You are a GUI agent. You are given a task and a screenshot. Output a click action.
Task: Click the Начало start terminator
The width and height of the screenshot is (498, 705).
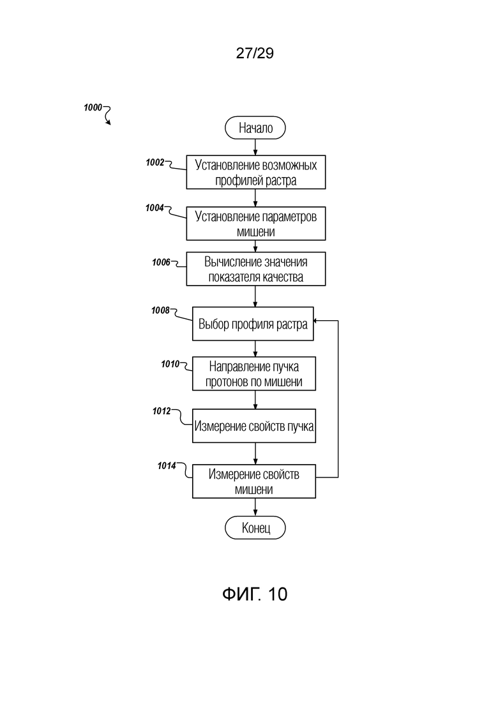[255, 128]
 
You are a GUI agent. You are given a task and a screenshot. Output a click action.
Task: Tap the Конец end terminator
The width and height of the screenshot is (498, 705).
[255, 528]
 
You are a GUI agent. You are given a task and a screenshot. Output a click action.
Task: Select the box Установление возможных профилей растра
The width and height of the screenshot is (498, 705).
[255, 173]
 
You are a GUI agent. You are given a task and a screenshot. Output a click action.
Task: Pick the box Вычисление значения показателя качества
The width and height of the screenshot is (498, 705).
[255, 269]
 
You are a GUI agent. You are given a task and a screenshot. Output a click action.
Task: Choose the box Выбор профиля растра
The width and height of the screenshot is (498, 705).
[253, 324]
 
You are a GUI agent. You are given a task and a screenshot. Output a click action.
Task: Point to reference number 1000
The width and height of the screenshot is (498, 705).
[93, 108]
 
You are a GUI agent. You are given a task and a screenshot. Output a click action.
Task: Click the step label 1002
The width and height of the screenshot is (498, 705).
[155, 162]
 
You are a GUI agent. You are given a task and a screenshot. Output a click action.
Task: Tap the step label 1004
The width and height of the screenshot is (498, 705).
[155, 207]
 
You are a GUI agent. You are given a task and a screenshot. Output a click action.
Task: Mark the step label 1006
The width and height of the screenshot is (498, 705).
[161, 261]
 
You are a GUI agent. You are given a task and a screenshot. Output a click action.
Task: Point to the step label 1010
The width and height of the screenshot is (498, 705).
[170, 363]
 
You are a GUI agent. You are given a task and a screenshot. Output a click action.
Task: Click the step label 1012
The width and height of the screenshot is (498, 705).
[161, 412]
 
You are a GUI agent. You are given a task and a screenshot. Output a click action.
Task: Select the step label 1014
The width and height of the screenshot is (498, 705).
[167, 466]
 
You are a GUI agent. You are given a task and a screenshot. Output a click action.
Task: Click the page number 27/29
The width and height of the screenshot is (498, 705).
[255, 54]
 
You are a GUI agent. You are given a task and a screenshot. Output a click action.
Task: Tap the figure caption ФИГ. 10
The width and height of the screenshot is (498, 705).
[255, 594]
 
